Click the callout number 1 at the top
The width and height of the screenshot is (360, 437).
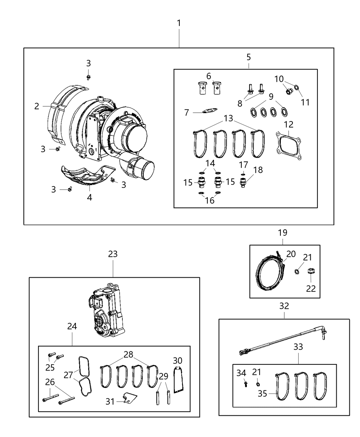point(179,23)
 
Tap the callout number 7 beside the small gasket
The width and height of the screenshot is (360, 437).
point(187,112)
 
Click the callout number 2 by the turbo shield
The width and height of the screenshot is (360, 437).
point(37,106)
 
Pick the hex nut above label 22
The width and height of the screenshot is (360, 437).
point(311,271)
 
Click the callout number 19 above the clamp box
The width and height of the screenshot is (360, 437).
point(283,233)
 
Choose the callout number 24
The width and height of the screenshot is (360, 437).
point(72,326)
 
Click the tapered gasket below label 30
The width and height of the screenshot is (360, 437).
point(178,379)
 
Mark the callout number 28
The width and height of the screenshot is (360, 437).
point(128,354)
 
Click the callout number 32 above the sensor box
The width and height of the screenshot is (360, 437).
point(284,306)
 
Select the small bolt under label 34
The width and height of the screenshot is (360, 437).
point(245,384)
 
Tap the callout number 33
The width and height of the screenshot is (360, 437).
point(298,347)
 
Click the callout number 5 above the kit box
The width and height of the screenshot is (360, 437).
point(248,57)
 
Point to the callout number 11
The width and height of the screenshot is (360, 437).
point(305,102)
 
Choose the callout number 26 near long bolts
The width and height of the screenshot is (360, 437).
point(50,381)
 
